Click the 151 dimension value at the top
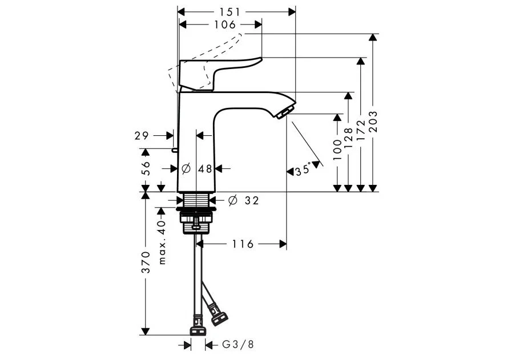[230, 12]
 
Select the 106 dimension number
[225, 25]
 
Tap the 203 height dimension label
[373, 122]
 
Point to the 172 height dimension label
[361, 130]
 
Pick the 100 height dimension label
[337, 149]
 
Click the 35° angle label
[303, 171]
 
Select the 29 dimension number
[142, 136]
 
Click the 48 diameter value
[206, 169]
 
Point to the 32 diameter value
[252, 200]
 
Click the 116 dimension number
[243, 244]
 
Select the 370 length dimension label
[146, 262]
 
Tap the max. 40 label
[162, 242]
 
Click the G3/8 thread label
[238, 345]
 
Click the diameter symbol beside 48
[186, 169]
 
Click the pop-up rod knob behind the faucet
[174, 150]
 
